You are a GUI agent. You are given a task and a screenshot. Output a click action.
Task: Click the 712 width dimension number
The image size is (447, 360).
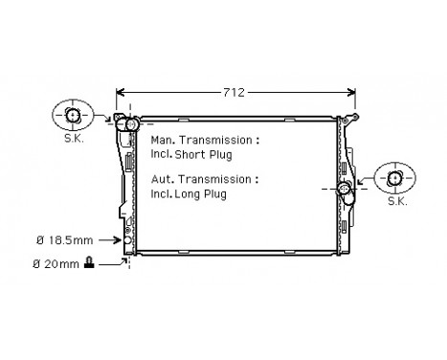[235, 93]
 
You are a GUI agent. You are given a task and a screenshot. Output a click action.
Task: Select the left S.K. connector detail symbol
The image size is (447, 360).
[73, 117]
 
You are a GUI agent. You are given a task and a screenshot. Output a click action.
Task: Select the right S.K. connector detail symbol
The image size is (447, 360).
[395, 179]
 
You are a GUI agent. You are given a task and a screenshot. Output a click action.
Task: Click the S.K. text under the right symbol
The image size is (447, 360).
[395, 203]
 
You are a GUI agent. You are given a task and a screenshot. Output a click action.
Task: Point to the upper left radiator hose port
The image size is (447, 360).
[129, 124]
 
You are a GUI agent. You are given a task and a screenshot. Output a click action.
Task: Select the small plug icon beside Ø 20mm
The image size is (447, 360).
[89, 261]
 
